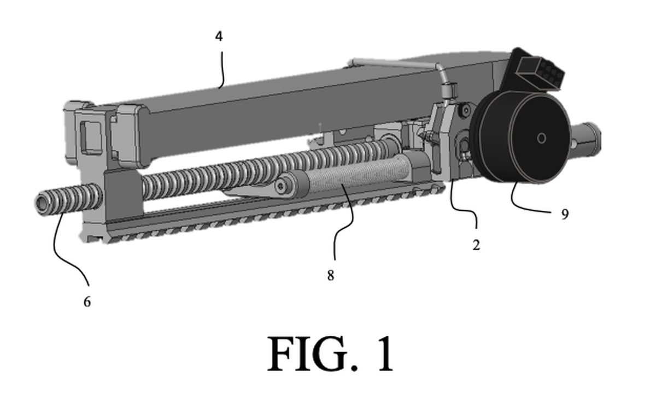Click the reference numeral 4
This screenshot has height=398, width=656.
[219, 37]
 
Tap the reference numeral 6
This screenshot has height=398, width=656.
[87, 301]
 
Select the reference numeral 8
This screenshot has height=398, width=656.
[330, 276]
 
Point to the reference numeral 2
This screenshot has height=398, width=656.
[476, 245]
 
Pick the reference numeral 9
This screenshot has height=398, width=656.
[565, 214]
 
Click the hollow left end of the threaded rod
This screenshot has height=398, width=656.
[42, 203]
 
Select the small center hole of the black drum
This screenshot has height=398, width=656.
[541, 139]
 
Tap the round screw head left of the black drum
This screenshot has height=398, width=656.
[465, 111]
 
